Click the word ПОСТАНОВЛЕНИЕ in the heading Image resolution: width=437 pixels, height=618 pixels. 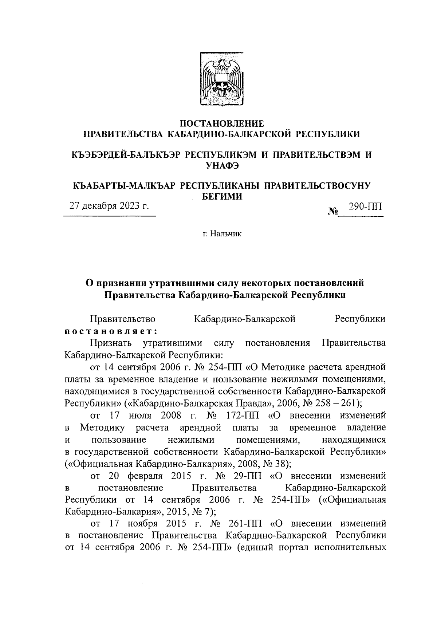pos(222,123)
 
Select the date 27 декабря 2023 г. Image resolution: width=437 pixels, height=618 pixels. pos(109,206)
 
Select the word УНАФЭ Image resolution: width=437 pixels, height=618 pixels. pos(222,166)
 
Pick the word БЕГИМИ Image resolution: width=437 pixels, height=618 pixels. pos(222,197)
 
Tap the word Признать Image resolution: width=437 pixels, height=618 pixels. pos(112,343)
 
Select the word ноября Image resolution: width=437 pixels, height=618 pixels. pos(143,524)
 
